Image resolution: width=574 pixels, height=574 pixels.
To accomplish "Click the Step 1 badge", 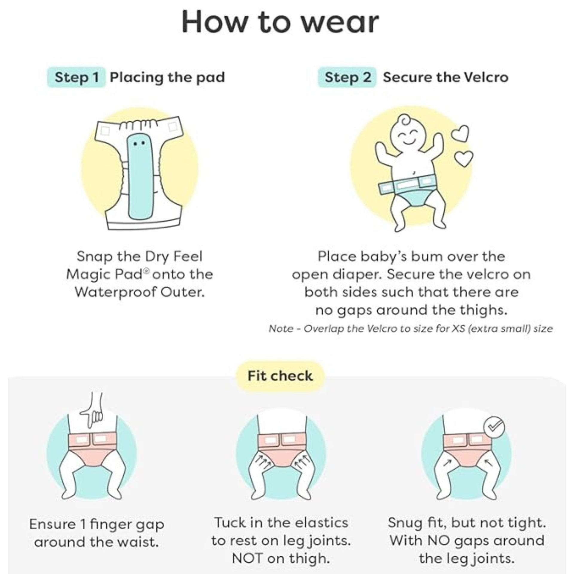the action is coord(76,77).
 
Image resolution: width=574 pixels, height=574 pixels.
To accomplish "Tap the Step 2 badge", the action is coord(347,77).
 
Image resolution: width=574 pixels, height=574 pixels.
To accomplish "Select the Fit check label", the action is coord(280,376).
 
